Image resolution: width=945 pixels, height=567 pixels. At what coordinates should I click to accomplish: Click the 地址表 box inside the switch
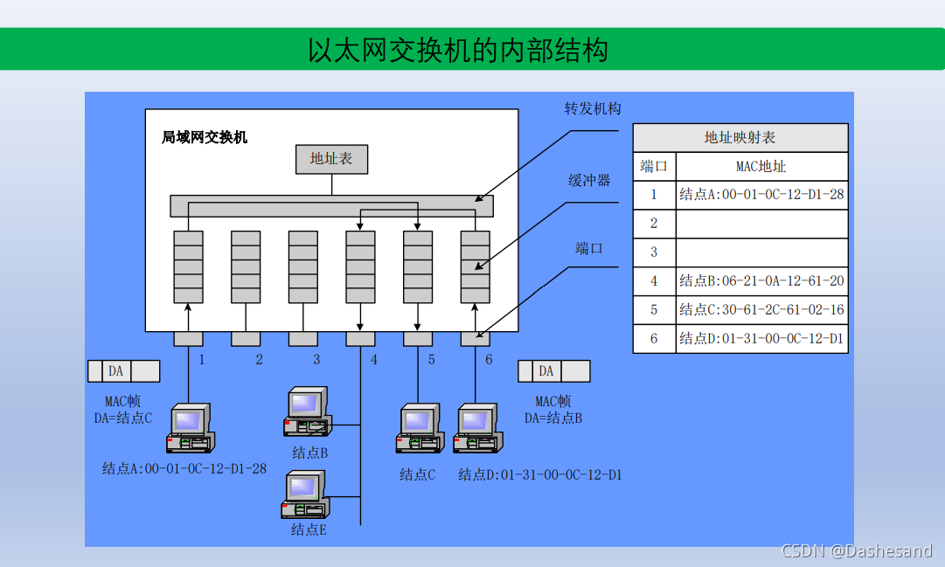331,159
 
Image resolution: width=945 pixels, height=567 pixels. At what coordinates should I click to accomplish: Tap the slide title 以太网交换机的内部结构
457,50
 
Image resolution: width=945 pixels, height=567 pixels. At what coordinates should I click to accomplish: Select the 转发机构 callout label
593,108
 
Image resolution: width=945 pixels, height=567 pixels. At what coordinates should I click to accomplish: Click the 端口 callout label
589,249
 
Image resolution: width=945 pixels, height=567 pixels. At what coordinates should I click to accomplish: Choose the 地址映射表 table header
740,138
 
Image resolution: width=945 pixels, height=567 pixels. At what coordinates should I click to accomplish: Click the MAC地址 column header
761,166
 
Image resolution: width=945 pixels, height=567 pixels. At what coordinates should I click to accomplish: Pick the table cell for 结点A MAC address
761,195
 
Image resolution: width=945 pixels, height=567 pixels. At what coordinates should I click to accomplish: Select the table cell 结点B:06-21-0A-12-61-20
761,281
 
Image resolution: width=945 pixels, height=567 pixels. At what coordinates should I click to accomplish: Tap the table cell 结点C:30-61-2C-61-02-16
761,310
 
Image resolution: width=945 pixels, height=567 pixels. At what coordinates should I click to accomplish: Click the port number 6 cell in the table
654,339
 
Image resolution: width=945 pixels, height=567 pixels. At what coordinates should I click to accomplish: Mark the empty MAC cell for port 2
761,224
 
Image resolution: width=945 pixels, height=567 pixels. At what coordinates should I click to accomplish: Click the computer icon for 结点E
304,494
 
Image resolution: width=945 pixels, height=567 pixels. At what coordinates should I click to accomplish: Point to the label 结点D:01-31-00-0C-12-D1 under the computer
540,475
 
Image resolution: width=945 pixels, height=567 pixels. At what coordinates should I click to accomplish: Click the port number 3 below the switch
316,359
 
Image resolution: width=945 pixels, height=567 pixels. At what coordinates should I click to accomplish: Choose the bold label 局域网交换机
205,137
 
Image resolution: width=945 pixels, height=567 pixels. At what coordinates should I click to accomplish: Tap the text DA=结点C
123,418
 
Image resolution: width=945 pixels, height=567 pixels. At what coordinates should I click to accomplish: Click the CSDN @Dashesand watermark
857,550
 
